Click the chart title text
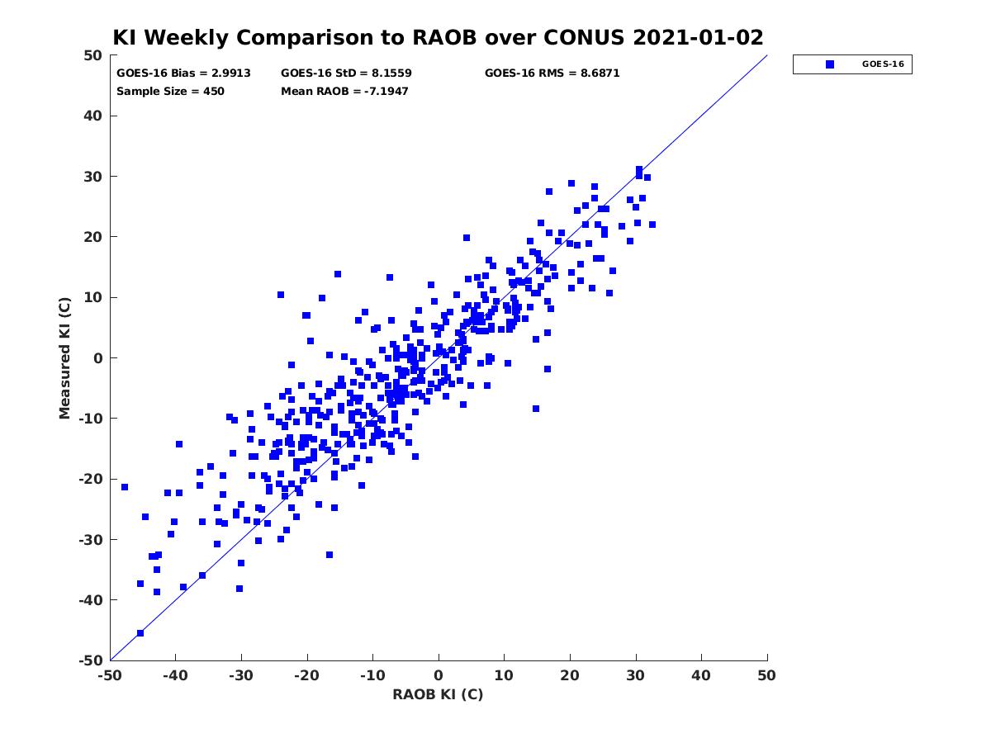438,37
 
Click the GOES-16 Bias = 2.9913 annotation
183,73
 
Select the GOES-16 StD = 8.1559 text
346,73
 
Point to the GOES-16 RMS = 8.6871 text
552,73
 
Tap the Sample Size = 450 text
170,91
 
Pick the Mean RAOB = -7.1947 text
344,91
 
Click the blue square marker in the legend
830,64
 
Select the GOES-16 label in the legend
883,64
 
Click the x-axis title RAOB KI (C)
438,694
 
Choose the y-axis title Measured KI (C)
64,358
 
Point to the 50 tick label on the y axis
93,55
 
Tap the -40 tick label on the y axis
91,600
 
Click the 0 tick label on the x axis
439,675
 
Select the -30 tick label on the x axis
240,675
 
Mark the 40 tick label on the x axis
701,675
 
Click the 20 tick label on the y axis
93,237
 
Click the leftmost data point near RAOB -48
125,487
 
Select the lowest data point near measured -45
140,633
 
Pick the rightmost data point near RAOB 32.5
652,225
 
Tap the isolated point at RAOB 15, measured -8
536,409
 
